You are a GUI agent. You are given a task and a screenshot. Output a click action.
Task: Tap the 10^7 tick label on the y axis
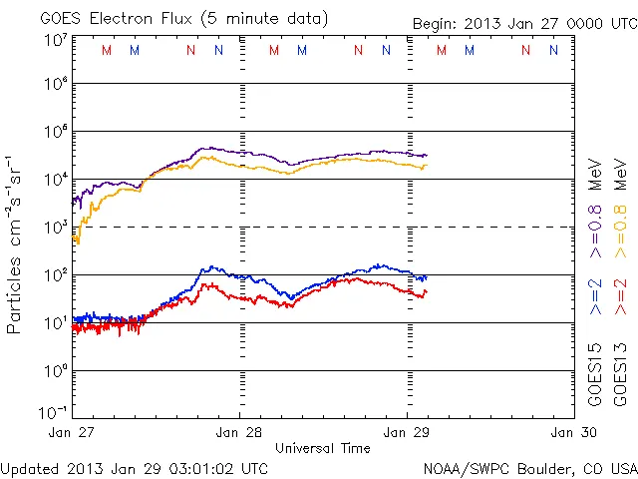56,39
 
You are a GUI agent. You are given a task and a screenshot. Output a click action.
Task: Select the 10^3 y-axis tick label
56,228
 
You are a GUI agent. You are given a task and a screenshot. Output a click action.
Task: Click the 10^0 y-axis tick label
56,371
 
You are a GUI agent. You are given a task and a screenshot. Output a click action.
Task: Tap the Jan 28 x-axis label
240,432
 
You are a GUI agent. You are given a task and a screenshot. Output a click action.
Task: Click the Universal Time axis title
322,448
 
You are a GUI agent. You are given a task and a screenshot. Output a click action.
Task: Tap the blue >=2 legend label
595,296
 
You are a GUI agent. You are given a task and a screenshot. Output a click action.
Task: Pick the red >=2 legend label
619,296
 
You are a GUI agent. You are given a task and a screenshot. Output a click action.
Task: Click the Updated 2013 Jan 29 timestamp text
135,468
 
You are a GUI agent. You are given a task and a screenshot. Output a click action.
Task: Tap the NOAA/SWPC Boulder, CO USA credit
529,468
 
